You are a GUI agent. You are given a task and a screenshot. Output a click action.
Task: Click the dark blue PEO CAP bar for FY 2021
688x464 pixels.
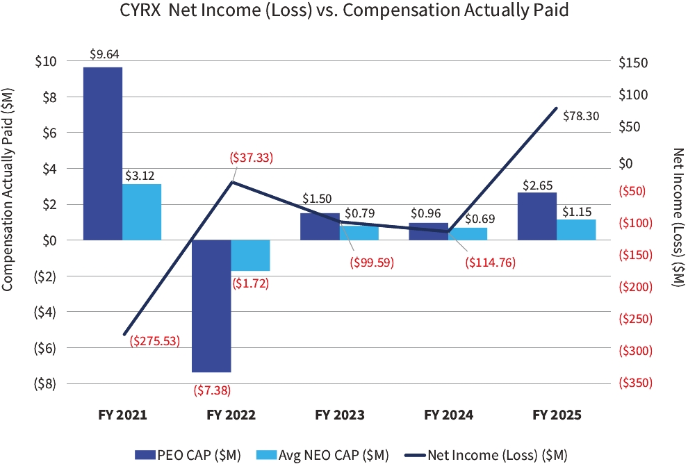point(103,153)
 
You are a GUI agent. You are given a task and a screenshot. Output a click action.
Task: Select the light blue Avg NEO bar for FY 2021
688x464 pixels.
point(142,211)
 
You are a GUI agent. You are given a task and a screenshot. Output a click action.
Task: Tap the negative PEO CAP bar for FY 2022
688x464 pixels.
point(211,306)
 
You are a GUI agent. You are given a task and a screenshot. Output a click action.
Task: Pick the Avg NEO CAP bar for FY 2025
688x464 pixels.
point(576,230)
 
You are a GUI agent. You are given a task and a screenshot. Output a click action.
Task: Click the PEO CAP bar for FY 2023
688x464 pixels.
point(320,226)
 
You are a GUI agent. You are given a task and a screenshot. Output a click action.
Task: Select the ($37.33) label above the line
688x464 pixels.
point(252,158)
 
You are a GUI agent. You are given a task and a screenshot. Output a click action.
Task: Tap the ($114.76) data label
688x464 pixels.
point(490,263)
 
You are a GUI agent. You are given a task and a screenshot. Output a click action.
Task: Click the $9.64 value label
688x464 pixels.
point(103,53)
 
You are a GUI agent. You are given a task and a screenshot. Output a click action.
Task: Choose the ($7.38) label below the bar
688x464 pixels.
point(211,390)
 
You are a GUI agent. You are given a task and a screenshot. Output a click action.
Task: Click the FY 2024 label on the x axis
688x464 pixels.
point(448,415)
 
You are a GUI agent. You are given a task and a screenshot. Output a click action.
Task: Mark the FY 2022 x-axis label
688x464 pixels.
point(231,415)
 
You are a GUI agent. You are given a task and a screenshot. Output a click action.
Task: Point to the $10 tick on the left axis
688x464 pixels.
point(46,61)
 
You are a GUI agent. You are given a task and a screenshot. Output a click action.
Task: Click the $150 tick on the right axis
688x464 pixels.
point(632,63)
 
